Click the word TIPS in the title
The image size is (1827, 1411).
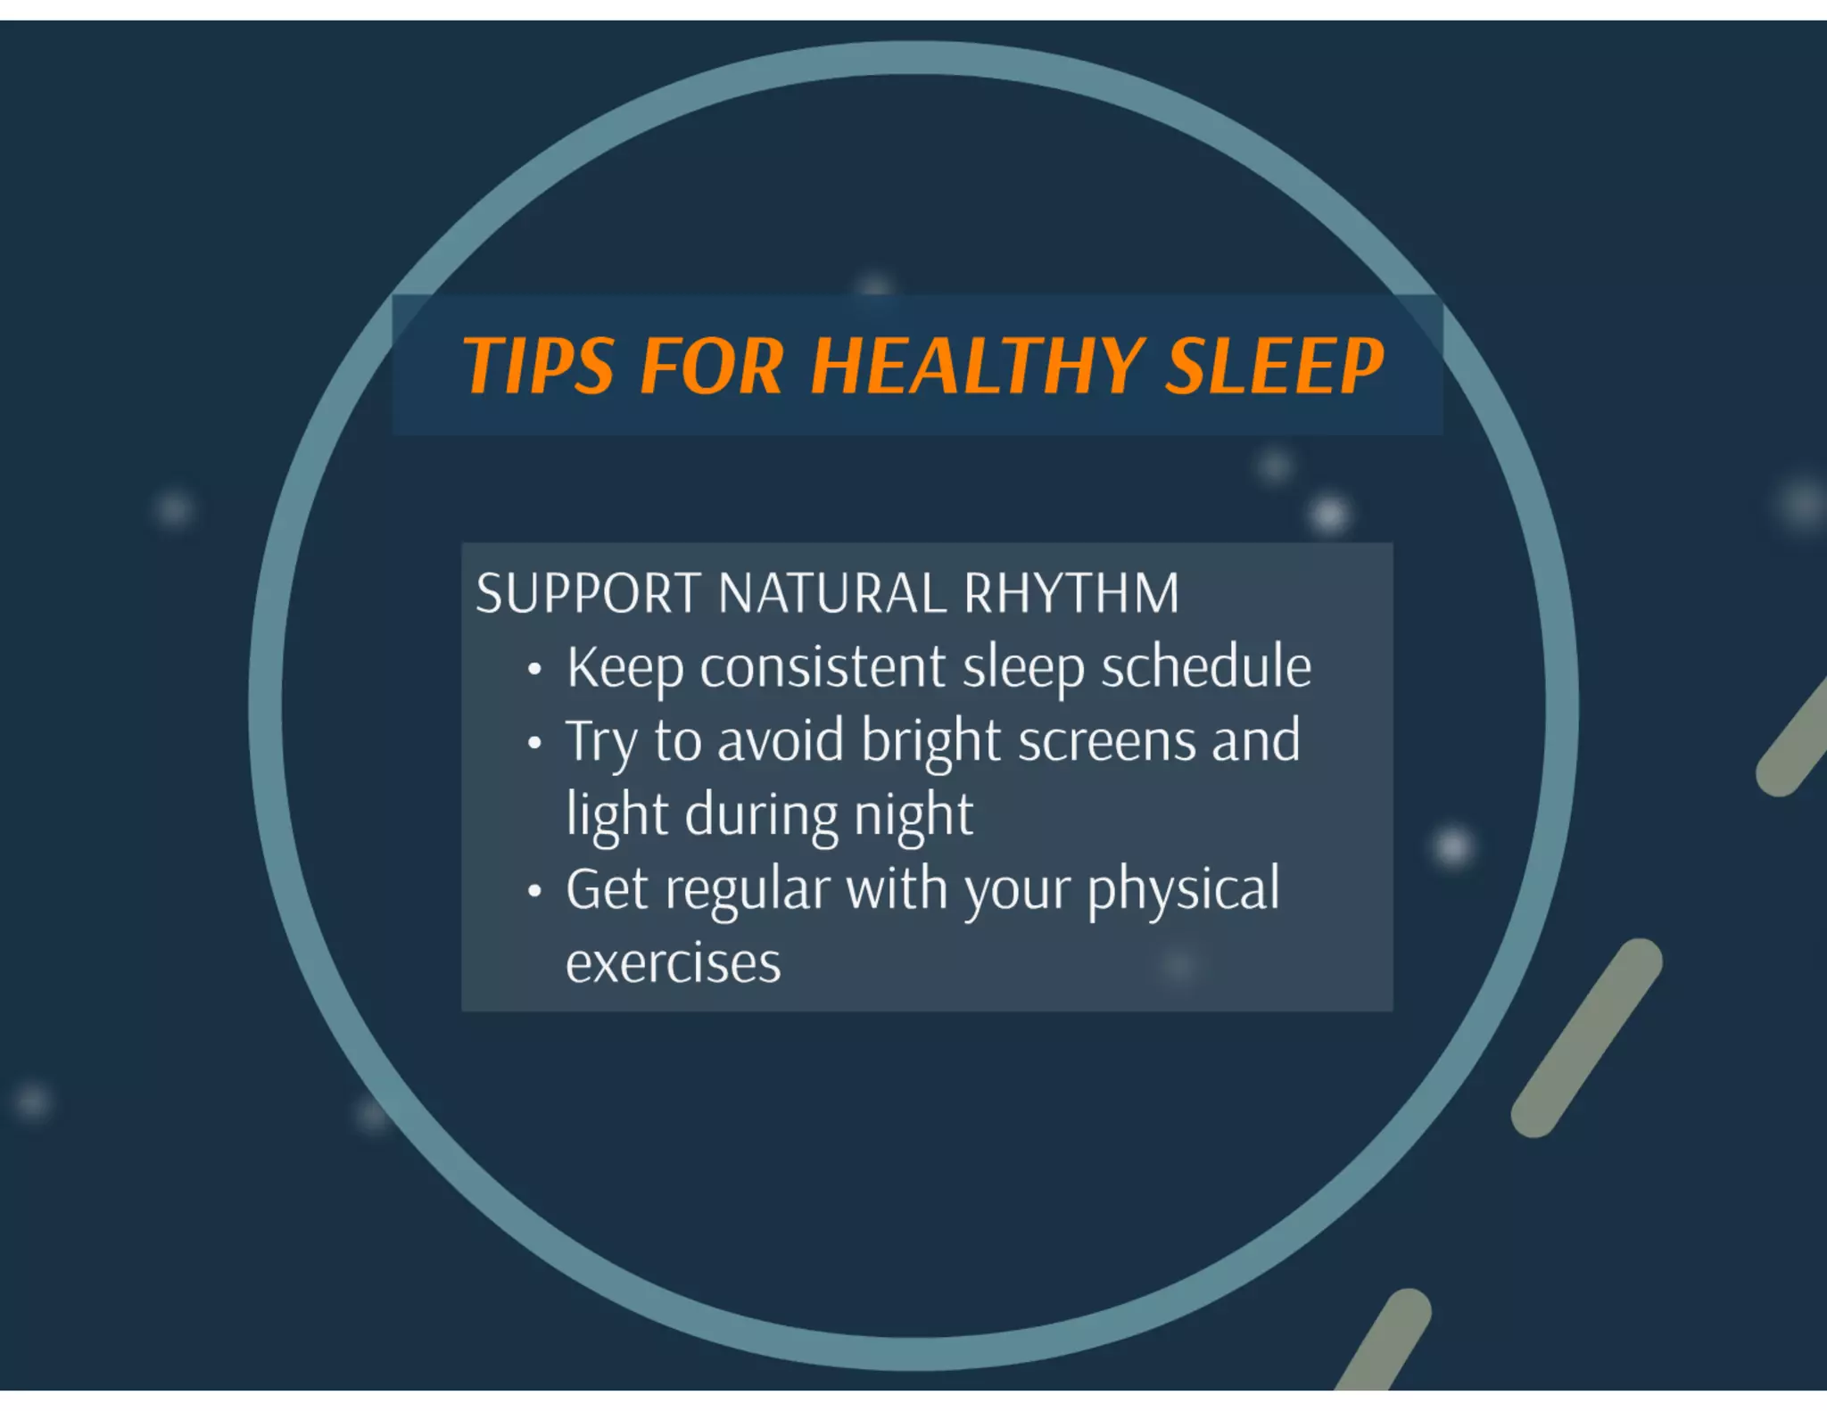click(538, 366)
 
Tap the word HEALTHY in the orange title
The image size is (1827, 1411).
click(977, 366)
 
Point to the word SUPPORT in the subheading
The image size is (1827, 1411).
click(588, 594)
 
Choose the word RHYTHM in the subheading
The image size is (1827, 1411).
click(1071, 594)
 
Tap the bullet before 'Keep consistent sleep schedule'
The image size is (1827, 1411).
click(534, 669)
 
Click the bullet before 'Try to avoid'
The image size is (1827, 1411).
click(534, 743)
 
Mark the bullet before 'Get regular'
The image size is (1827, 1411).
click(534, 891)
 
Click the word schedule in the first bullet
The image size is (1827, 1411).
click(1206, 667)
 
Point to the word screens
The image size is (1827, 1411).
click(1106, 742)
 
